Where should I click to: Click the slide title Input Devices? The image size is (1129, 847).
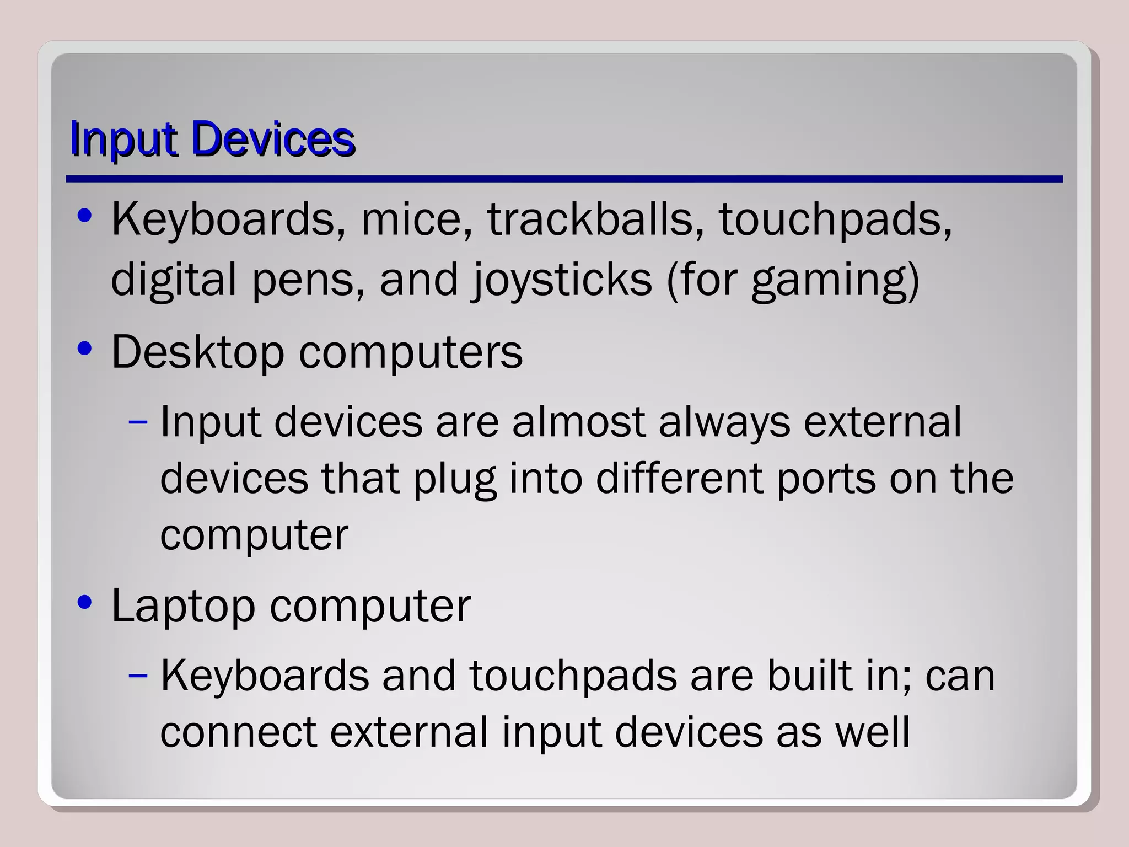(x=212, y=139)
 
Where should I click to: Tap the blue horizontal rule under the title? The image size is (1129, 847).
(x=563, y=179)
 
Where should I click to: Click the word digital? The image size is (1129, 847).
(x=173, y=280)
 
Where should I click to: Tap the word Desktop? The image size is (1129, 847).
(x=197, y=352)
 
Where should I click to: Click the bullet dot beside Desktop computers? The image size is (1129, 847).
(x=84, y=349)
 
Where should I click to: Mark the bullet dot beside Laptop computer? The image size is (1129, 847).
(x=84, y=602)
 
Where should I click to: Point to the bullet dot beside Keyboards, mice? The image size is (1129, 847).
(x=84, y=216)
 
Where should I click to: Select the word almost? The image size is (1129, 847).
(x=578, y=422)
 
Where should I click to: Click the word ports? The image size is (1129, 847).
(x=826, y=479)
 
